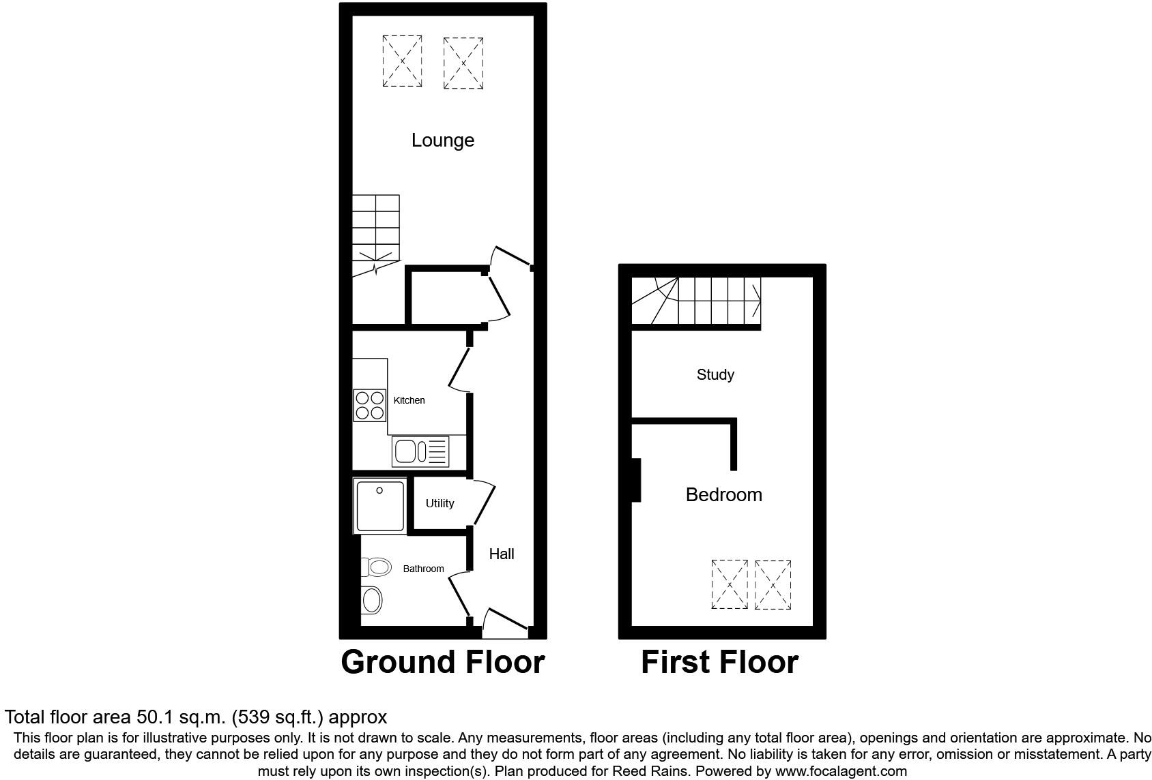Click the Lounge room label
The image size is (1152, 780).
(442, 140)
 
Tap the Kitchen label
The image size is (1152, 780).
(409, 400)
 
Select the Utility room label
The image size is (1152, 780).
(440, 503)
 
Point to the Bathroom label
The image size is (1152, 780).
(423, 569)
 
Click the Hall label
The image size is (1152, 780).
(502, 554)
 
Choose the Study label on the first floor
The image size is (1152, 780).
(715, 374)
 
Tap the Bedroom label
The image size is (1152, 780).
(723, 494)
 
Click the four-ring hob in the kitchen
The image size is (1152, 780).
(370, 405)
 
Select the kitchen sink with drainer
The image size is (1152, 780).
(420, 451)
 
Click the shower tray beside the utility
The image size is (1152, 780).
(379, 505)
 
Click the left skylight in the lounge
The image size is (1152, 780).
(402, 61)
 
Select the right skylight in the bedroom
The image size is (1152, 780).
(773, 584)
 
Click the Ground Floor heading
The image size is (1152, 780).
(442, 662)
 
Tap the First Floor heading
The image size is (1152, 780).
(719, 662)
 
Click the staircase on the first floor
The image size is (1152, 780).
(696, 301)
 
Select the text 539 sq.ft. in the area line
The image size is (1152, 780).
(280, 717)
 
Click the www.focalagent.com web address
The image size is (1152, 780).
(839, 771)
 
